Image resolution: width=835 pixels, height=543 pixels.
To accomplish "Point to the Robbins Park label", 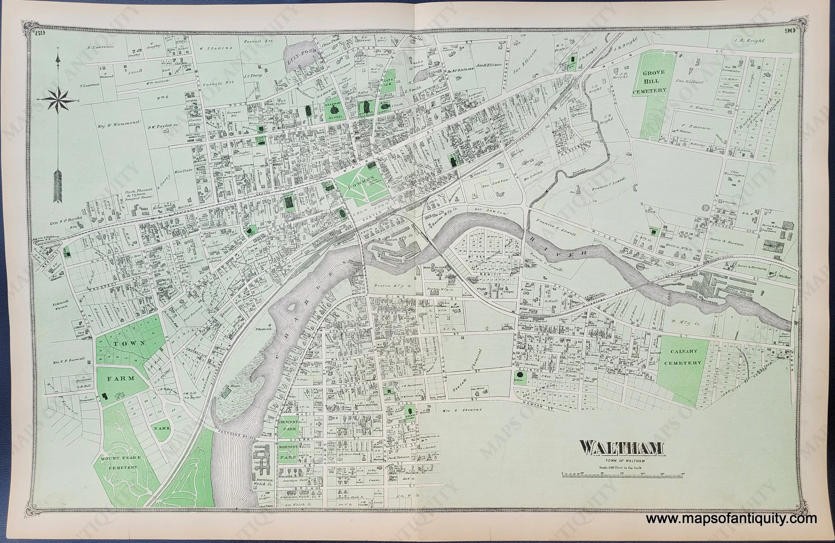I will tap(288, 452).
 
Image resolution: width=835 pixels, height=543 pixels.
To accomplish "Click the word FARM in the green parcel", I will tap(116, 379).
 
